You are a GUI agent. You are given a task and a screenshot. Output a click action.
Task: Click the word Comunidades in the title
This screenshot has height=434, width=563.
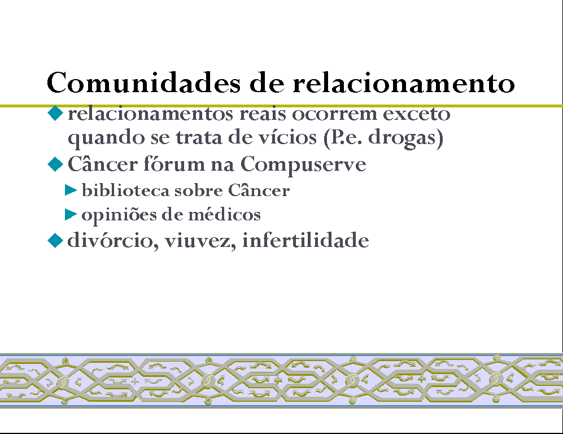point(143,83)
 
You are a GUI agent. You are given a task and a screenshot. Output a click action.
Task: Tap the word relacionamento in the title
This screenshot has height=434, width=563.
point(404,83)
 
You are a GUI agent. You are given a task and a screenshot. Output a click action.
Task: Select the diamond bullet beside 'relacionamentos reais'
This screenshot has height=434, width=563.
point(55,113)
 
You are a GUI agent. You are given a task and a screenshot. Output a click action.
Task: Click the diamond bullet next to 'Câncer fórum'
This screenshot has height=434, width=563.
point(55,164)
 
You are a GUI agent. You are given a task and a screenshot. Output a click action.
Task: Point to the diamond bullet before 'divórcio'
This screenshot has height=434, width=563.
point(55,240)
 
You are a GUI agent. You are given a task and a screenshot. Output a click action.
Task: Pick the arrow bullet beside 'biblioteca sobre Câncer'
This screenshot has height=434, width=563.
point(71,190)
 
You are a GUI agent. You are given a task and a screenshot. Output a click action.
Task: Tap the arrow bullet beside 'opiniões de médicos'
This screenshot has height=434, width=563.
point(71,215)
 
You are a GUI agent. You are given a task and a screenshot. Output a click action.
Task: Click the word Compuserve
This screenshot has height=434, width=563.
point(303,165)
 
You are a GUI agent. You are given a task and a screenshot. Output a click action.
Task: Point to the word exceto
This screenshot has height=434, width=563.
point(417,114)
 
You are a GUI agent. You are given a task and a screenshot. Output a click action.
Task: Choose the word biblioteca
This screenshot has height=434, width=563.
point(126,190)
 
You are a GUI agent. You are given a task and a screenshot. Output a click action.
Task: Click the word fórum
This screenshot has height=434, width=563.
point(174,164)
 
